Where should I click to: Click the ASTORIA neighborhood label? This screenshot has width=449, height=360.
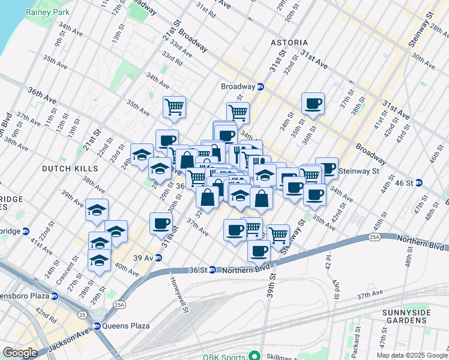(289, 43)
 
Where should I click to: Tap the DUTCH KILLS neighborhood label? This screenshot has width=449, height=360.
(66, 169)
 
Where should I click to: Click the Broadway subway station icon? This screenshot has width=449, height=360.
(261, 86)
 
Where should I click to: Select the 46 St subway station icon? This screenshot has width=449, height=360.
(420, 182)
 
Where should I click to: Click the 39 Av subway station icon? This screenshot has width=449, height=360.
(158, 258)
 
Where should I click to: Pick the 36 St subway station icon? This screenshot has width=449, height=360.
(212, 270)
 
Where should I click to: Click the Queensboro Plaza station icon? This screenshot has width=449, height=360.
(55, 296)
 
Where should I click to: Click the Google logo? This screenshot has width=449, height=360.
(20, 353)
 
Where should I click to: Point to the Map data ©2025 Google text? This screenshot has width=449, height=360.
(412, 355)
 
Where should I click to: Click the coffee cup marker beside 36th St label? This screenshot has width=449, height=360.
(313, 104)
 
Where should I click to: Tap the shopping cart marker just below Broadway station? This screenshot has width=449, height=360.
(238, 112)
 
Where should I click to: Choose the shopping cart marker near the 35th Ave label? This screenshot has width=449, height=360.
(174, 107)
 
